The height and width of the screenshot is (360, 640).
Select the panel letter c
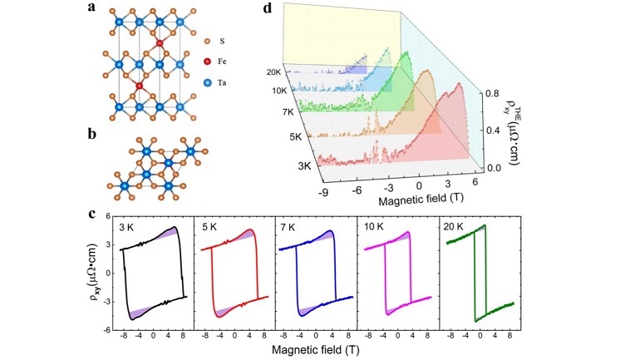(x=92, y=214)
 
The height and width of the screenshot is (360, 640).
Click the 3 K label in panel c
(x=132, y=226)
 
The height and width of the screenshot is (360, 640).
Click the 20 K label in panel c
(x=454, y=226)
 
